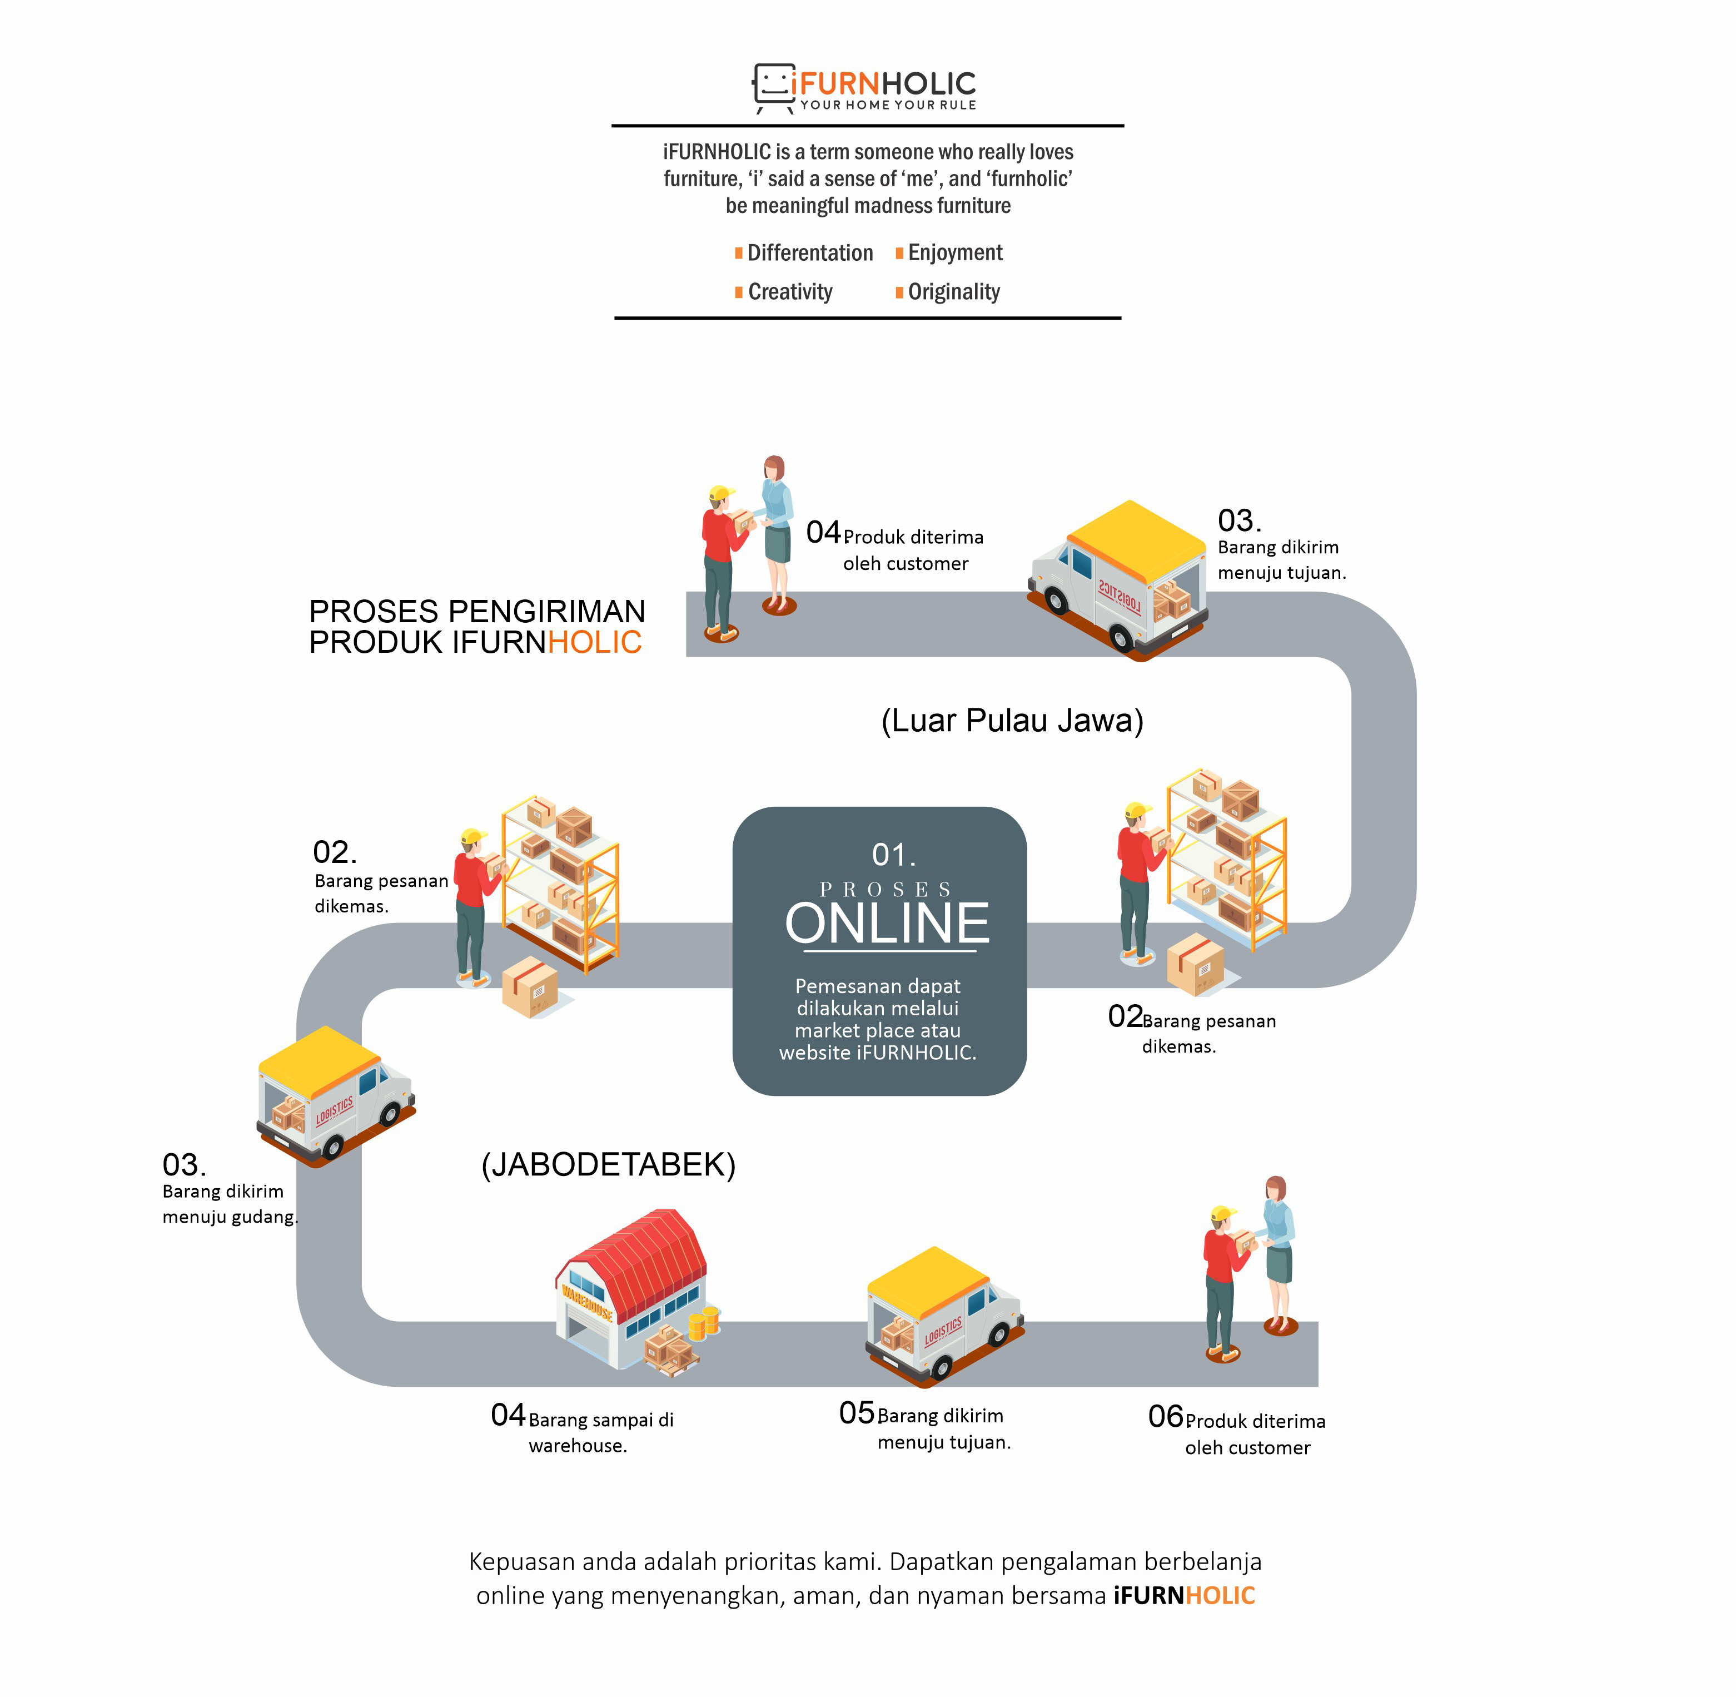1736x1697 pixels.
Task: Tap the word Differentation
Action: pos(809,253)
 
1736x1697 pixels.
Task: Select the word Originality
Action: pos(953,292)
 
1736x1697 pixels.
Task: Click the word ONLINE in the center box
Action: pos(887,924)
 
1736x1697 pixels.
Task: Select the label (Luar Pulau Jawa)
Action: pos(1012,720)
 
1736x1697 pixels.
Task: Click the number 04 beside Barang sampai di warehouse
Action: pos(508,1415)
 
